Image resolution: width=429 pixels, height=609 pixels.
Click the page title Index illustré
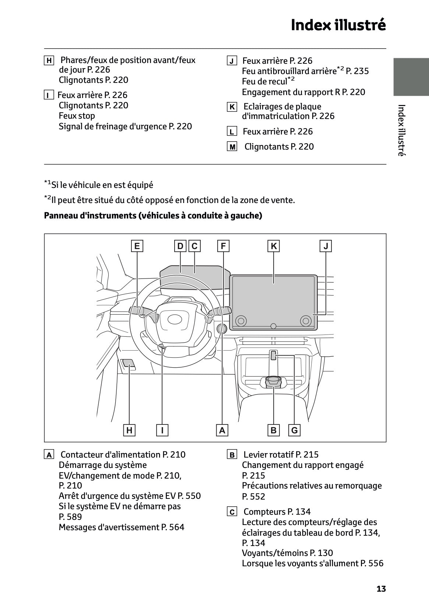point(338,25)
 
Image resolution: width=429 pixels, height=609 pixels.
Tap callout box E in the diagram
point(137,246)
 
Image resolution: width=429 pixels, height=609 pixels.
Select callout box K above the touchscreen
point(274,246)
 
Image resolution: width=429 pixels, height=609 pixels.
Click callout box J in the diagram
point(326,246)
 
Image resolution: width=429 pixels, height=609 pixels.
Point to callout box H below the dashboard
point(129,430)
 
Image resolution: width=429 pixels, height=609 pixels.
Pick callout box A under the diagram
point(222,430)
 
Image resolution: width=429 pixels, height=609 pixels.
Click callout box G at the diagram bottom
point(294,430)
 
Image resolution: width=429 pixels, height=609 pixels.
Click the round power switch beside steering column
point(222,329)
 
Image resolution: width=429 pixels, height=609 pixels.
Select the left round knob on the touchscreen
point(241,321)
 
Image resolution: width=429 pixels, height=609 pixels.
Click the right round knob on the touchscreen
point(306,321)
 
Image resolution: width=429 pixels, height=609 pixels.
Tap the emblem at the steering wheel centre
point(177,319)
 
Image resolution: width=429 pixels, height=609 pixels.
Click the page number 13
point(381,589)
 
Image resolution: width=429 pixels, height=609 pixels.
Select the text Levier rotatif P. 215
point(281,455)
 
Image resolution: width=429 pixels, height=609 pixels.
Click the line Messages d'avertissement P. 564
point(122,527)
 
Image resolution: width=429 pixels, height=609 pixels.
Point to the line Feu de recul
point(268,81)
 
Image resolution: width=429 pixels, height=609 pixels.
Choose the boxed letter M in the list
point(232,147)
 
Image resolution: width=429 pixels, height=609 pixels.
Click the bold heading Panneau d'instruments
point(153,216)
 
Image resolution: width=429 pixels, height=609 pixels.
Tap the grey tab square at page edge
point(411,77)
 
